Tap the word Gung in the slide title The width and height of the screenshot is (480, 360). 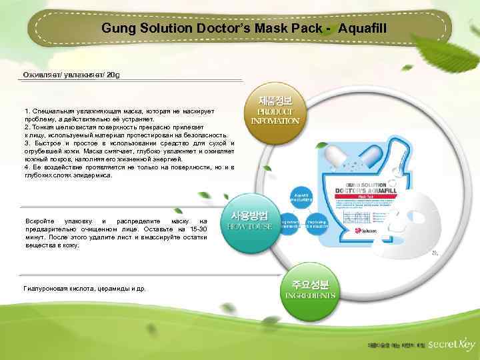[117, 29]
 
